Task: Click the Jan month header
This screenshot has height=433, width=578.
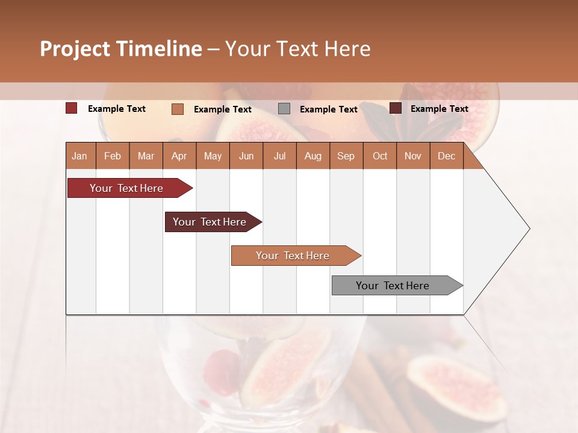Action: click(80, 156)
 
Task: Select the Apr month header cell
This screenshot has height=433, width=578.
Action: click(179, 156)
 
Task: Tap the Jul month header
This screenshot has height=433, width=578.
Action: click(279, 156)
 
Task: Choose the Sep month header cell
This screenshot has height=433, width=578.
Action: click(346, 156)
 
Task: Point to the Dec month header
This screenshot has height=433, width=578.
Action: click(446, 156)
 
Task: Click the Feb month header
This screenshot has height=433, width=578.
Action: click(113, 156)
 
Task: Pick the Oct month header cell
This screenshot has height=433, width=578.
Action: click(380, 156)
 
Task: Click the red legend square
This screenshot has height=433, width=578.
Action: click(72, 108)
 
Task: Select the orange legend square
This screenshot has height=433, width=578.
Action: click(178, 109)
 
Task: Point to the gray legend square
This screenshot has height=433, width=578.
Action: click(284, 109)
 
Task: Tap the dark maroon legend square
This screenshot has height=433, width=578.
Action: click(396, 108)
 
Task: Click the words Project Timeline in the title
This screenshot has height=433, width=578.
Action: click(120, 49)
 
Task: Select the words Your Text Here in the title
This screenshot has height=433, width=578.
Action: click(298, 49)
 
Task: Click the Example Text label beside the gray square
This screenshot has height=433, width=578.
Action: click(329, 109)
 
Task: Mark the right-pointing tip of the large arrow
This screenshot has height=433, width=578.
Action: click(529, 229)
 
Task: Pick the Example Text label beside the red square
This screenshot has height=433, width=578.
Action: click(117, 109)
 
